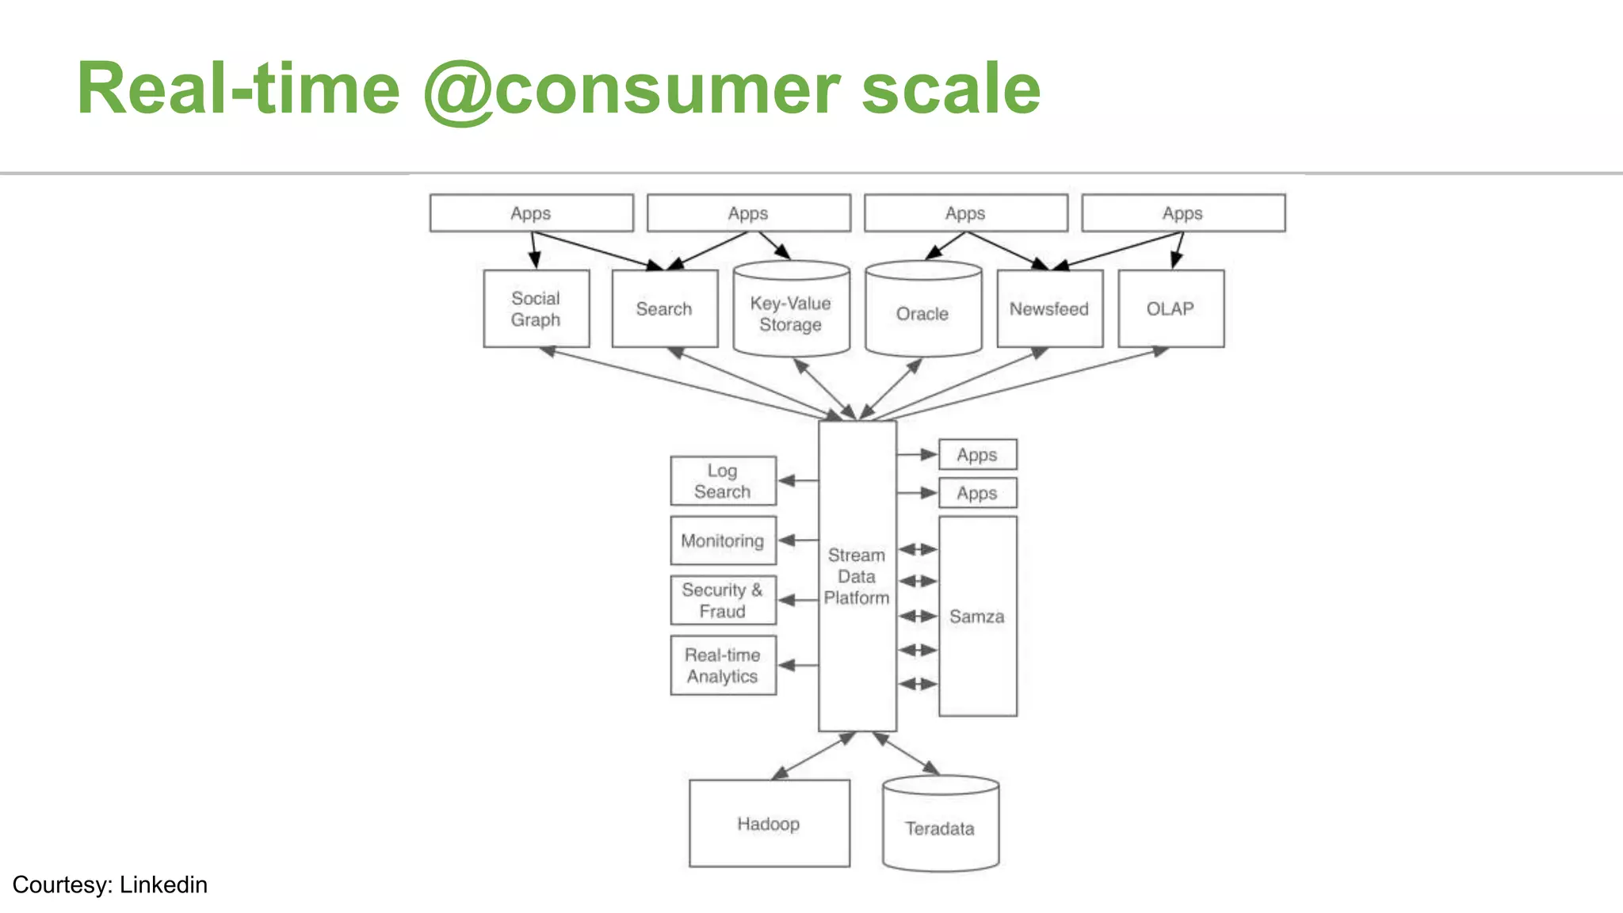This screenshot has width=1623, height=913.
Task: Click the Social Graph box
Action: [x=536, y=308]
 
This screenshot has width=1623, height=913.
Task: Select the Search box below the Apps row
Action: [x=664, y=308]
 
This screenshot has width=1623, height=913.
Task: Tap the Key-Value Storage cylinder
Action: [x=791, y=313]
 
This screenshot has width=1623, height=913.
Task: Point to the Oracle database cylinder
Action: [x=922, y=313]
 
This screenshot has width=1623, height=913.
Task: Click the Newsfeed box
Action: [x=1049, y=308]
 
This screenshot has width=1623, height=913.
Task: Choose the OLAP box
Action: [x=1170, y=308]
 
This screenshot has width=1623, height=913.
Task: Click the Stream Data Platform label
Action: [x=857, y=576]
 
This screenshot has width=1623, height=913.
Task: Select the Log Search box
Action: [x=723, y=480]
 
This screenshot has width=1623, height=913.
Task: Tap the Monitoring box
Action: [x=723, y=541]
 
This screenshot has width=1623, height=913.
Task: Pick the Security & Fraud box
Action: [x=723, y=600]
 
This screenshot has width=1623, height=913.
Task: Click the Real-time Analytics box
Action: [x=723, y=665]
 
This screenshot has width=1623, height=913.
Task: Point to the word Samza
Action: [x=976, y=616]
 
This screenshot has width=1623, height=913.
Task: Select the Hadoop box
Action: [x=769, y=823]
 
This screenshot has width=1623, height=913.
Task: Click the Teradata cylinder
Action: [x=940, y=828]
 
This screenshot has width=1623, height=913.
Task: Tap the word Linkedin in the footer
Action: [x=163, y=884]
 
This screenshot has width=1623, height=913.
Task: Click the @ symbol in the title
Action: [x=458, y=89]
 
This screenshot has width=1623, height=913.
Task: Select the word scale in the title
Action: [x=950, y=89]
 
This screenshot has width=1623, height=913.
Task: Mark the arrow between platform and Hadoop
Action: [x=813, y=755]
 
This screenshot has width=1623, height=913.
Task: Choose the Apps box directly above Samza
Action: [x=976, y=493]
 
